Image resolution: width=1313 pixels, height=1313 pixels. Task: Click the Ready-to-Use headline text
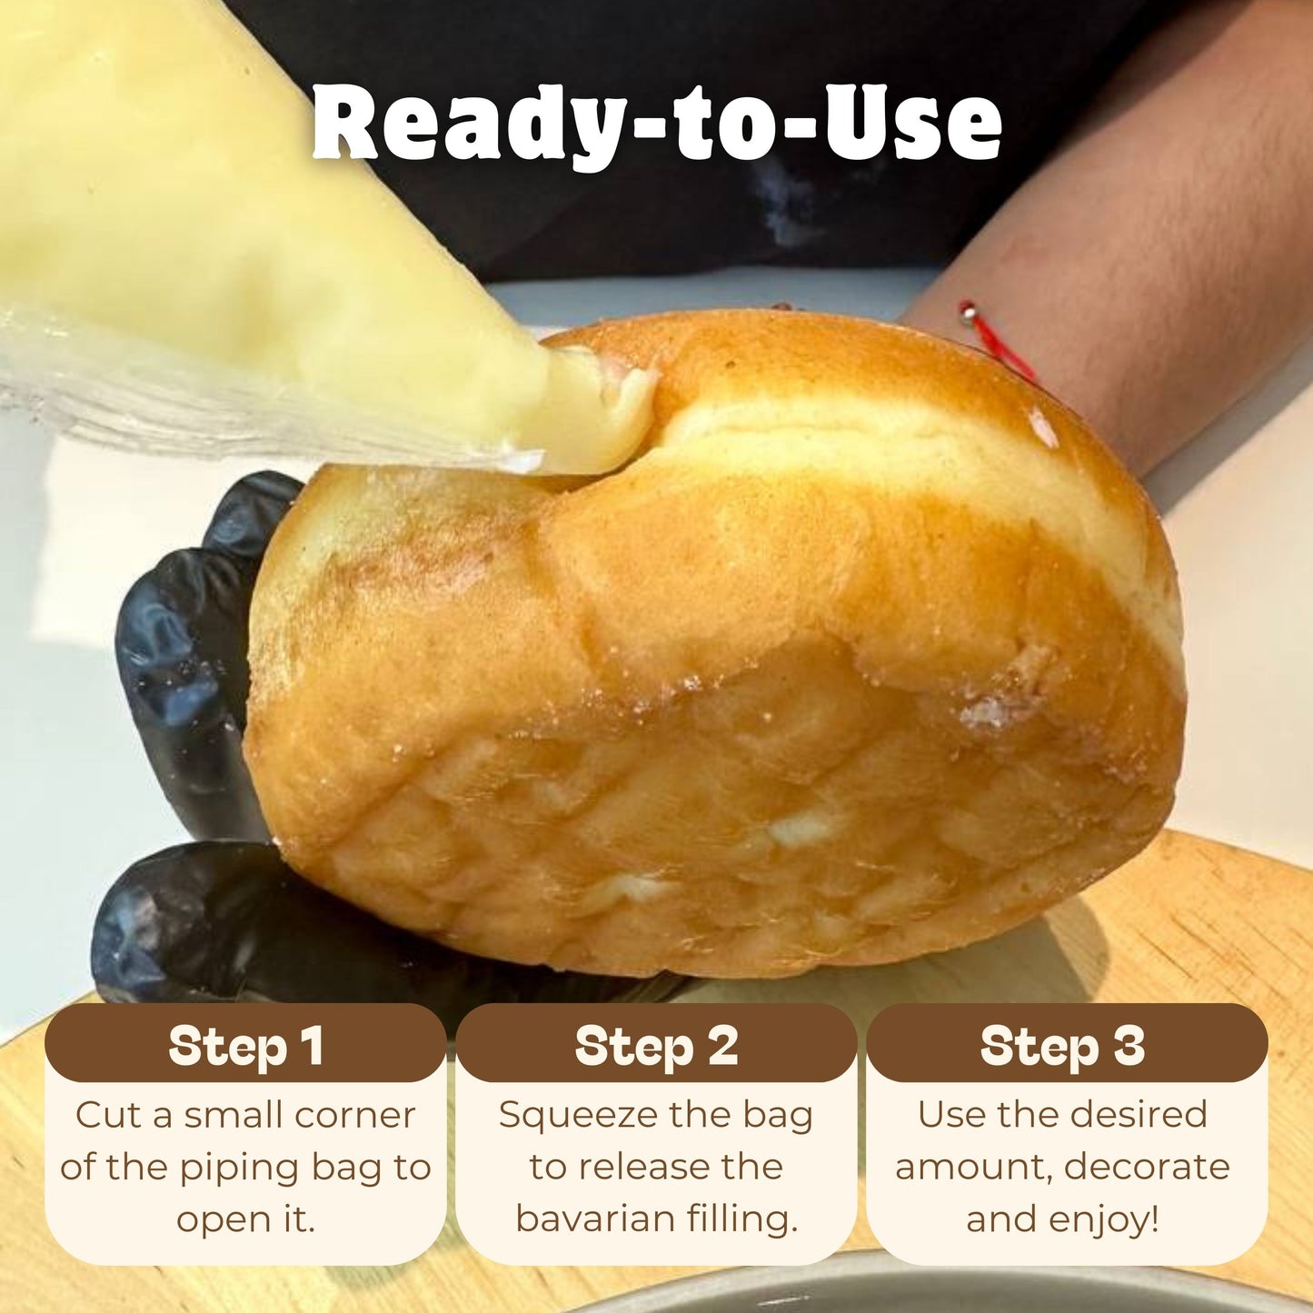[x=656, y=123]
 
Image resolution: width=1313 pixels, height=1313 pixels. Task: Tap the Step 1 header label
[x=245, y=1047]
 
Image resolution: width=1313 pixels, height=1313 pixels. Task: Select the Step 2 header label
[x=656, y=1047]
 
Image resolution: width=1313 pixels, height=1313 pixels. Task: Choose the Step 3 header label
[x=1062, y=1047]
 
